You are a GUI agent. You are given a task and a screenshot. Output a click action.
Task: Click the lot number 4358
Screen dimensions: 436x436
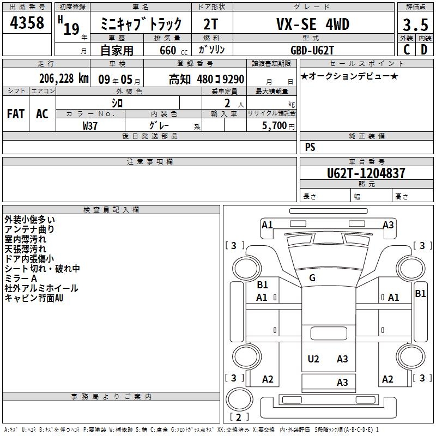tap(27, 22)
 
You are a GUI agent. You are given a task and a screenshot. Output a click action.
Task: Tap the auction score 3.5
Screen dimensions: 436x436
tap(415, 25)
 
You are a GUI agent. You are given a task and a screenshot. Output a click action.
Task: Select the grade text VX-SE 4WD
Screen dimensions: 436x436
tap(313, 24)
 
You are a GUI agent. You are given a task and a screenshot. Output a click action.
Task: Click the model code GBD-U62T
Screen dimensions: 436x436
tap(312, 50)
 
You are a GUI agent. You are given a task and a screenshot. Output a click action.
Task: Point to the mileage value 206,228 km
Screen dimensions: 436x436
tap(64, 78)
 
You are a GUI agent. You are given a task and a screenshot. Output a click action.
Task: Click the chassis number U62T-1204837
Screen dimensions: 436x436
tap(366, 173)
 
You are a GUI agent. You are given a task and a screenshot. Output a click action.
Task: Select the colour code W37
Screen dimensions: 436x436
tap(90, 126)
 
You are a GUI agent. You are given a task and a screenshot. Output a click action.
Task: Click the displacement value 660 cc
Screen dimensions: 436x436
tap(173, 51)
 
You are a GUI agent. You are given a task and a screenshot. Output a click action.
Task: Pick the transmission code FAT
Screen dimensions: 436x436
tap(16, 114)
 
